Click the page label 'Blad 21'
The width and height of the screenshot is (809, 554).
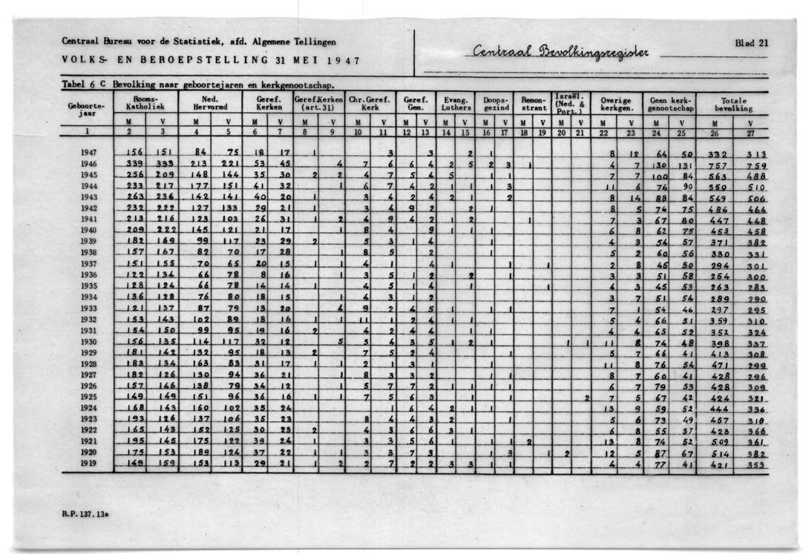751,42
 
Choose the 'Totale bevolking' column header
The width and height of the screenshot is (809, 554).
733,103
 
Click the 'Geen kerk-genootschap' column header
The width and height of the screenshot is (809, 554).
669,103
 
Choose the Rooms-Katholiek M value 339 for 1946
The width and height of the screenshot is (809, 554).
134,163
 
